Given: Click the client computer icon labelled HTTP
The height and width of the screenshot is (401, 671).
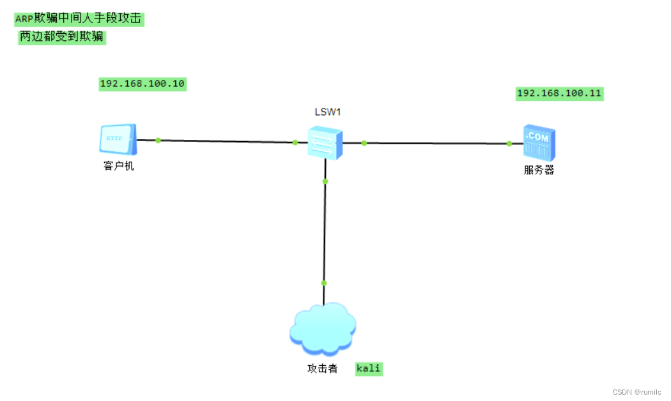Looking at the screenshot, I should (118, 140).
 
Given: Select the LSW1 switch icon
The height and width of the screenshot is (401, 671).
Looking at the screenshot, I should (325, 142).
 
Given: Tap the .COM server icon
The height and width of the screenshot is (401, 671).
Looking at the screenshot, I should (539, 142).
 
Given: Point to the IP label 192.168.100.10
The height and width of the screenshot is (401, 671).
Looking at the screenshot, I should (143, 84).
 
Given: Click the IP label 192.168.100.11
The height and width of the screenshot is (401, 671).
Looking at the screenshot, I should (559, 94).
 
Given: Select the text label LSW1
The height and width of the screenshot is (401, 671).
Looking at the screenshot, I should (327, 112).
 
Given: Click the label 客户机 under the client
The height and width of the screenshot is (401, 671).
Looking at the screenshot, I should (119, 167).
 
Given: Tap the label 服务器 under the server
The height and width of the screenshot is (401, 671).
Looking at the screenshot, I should (539, 170).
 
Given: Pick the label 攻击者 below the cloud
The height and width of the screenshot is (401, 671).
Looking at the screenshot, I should (322, 368).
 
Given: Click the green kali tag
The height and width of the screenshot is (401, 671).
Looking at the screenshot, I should (369, 368).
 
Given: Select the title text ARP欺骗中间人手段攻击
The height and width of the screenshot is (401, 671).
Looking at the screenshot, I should (79, 19).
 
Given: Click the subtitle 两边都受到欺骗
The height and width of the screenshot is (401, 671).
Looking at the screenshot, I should (61, 37).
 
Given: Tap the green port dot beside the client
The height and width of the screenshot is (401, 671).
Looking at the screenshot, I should (158, 140).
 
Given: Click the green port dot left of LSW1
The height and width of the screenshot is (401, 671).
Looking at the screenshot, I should (295, 142).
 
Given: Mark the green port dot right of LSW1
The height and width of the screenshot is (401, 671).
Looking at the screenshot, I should (364, 143).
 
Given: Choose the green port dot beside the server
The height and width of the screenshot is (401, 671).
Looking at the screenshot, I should (509, 144).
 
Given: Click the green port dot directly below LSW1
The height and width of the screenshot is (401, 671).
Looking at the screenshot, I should (325, 181).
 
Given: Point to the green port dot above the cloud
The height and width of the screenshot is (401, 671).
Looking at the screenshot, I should (324, 283).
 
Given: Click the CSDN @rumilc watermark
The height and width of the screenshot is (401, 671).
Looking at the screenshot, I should (636, 392).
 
